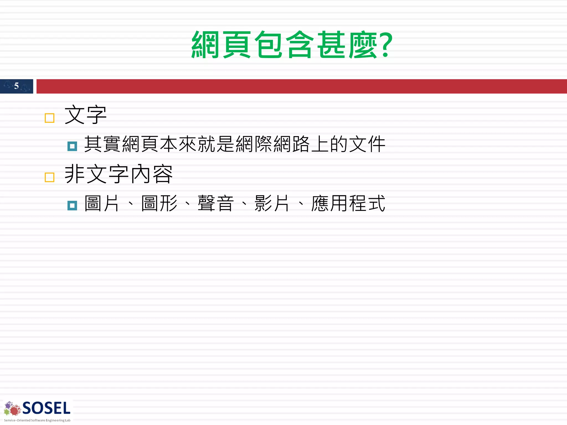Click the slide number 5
coord(16,86)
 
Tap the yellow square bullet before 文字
coord(50,118)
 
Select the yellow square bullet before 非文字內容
coord(50,177)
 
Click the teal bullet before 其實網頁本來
coord(72,146)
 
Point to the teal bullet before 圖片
coord(72,206)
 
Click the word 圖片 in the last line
coord(102,203)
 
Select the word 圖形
coord(159,203)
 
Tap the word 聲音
coord(216,203)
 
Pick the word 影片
coord(272,203)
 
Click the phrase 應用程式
coord(348,203)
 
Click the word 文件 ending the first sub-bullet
coord(367,144)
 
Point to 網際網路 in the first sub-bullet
coord(273,144)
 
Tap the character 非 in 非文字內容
coord(74,174)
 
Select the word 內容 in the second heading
coord(152,174)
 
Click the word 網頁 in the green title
coord(221,45)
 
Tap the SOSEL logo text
coord(46,408)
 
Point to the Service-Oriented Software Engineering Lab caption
coord(37,420)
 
